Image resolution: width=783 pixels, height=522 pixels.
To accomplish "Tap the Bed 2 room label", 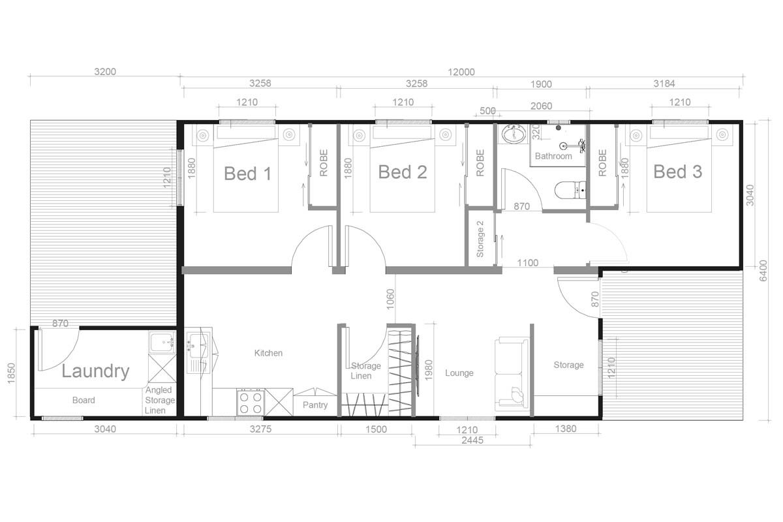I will (x=403, y=172).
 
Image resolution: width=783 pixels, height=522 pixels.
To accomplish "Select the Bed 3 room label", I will (x=678, y=172).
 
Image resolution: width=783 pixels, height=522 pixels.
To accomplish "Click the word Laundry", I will (x=95, y=371).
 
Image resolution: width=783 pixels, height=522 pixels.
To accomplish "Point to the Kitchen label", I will (x=268, y=353).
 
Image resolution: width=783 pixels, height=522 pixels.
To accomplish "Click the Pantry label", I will (x=315, y=405).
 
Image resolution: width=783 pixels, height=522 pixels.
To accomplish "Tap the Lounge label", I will (x=459, y=373).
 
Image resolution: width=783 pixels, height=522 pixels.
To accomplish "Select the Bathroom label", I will (x=553, y=157).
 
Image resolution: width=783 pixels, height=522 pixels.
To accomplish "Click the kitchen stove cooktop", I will (x=251, y=401).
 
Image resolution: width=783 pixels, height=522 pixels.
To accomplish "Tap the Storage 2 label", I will (x=480, y=239).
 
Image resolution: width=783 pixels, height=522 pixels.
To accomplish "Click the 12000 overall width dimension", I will (x=461, y=72).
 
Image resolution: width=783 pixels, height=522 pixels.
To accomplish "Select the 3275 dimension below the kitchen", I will (x=260, y=429).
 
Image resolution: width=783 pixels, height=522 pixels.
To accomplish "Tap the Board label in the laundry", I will (x=84, y=400).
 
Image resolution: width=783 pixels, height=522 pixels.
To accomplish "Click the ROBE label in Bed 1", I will (x=324, y=164).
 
